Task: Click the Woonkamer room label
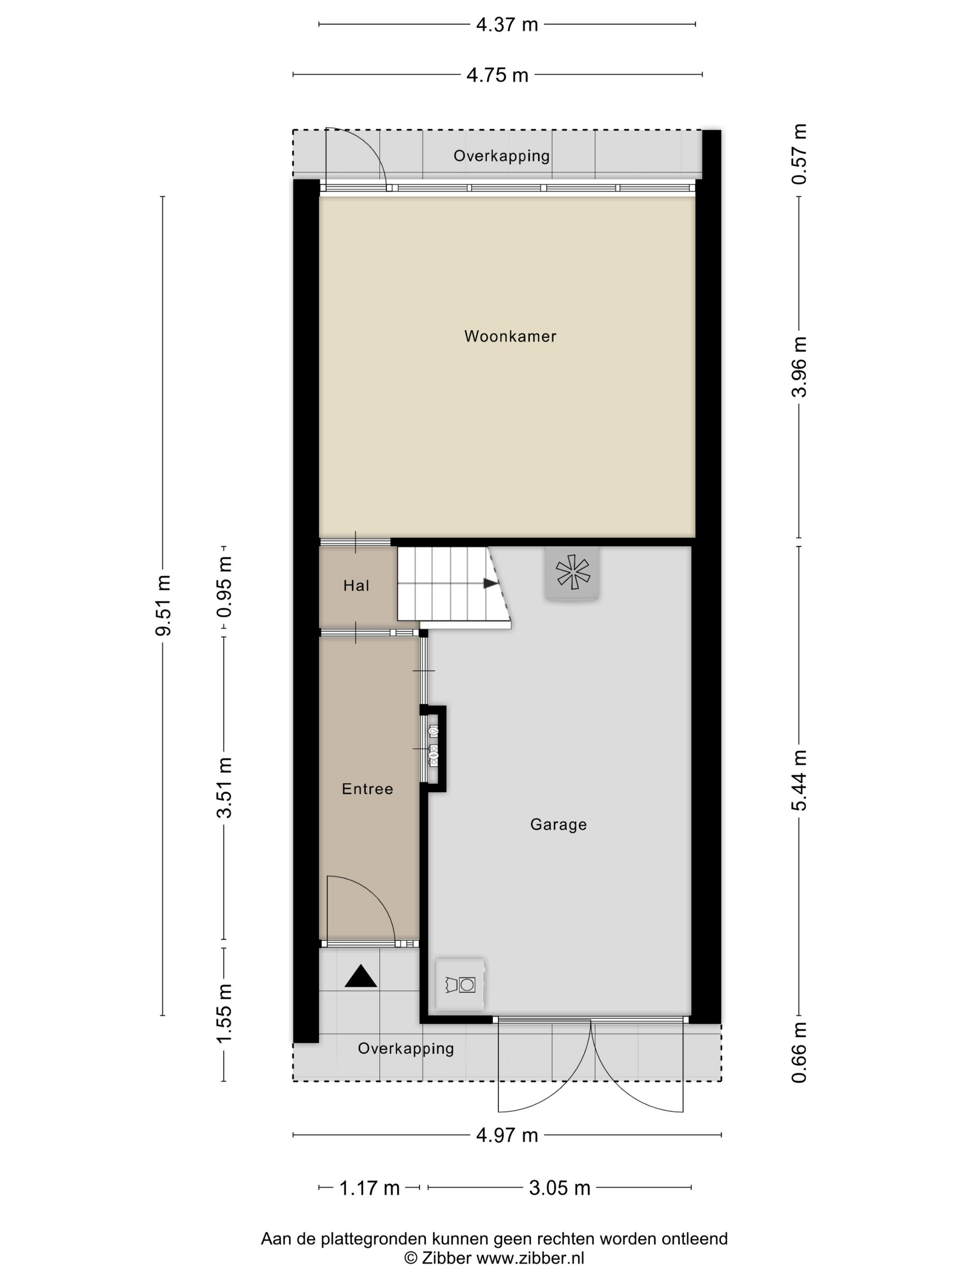510,336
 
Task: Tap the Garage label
558,825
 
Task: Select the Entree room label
367,789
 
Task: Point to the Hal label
356,586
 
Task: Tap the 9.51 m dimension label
163,605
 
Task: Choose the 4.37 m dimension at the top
507,24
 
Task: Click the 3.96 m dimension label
799,367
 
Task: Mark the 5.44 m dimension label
799,780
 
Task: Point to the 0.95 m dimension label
224,587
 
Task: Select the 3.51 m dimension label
224,788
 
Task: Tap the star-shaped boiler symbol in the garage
572,572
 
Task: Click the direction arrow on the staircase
491,583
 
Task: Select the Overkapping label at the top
502,156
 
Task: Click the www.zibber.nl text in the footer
530,1258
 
